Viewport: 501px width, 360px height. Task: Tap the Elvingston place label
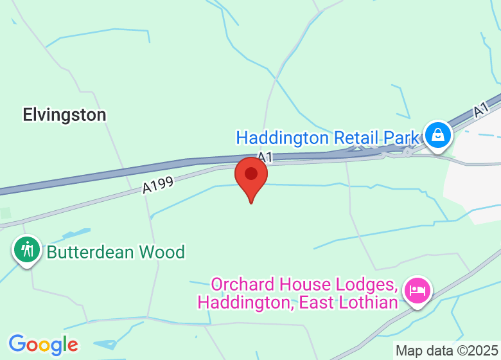(x=64, y=115)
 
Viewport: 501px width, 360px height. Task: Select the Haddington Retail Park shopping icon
(x=437, y=136)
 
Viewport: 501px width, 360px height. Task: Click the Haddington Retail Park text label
(x=328, y=138)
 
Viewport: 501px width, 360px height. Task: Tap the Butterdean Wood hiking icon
(x=27, y=249)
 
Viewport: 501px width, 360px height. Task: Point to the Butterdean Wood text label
(x=116, y=252)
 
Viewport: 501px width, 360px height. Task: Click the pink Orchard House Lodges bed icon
(x=418, y=290)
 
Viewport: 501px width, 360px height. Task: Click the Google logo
(x=43, y=345)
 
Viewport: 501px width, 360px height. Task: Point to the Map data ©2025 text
(x=447, y=351)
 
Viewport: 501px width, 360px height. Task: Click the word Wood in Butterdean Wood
(x=164, y=252)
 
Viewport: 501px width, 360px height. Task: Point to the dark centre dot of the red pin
(x=251, y=174)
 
